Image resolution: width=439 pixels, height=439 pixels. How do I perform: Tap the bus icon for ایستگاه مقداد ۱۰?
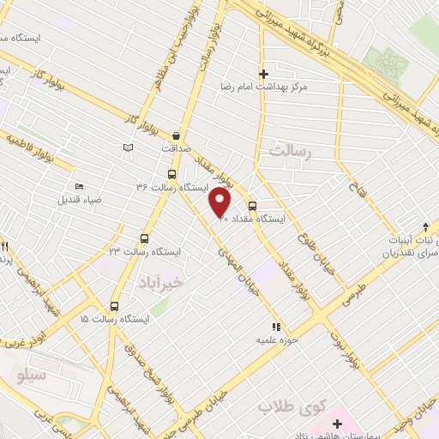(252, 206)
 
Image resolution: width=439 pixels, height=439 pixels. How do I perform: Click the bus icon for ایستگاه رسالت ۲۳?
(143, 239)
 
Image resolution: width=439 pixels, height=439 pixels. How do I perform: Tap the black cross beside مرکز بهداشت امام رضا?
(263, 75)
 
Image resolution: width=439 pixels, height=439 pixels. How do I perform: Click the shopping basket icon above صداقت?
(177, 135)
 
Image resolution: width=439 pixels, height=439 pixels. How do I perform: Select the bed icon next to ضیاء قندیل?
(79, 187)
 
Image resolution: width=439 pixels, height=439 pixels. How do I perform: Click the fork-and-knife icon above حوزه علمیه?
(276, 327)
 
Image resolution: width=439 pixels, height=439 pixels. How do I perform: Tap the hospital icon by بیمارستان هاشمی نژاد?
(338, 424)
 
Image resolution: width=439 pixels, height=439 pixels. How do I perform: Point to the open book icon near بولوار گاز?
(129, 148)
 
